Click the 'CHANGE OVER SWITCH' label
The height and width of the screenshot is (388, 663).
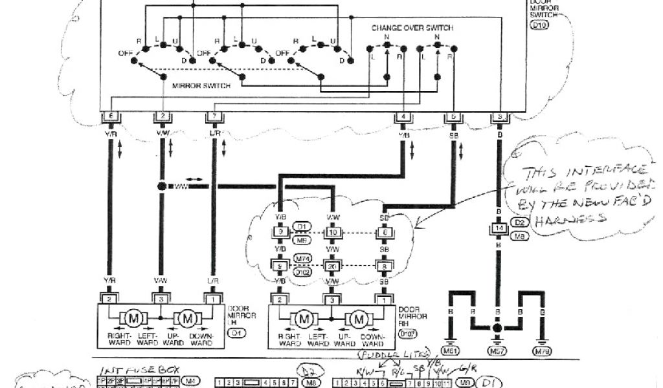(x=412, y=28)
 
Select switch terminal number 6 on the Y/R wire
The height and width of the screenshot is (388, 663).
(x=110, y=116)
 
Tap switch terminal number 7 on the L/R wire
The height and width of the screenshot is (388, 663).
(x=214, y=116)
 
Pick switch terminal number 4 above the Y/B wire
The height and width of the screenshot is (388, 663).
(x=403, y=116)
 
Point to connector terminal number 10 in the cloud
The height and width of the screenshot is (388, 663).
(x=332, y=232)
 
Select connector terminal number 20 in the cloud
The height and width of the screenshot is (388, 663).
(x=332, y=265)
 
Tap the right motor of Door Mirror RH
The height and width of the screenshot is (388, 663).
(x=357, y=318)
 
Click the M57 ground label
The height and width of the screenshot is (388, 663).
(x=497, y=351)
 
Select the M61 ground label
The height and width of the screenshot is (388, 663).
(x=451, y=351)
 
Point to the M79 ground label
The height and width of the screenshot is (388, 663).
(x=542, y=351)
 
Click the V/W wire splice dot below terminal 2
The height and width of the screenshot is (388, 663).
(x=162, y=186)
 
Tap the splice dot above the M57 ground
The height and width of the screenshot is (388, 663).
(x=497, y=328)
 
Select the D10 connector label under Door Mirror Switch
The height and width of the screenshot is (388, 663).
(x=538, y=26)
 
